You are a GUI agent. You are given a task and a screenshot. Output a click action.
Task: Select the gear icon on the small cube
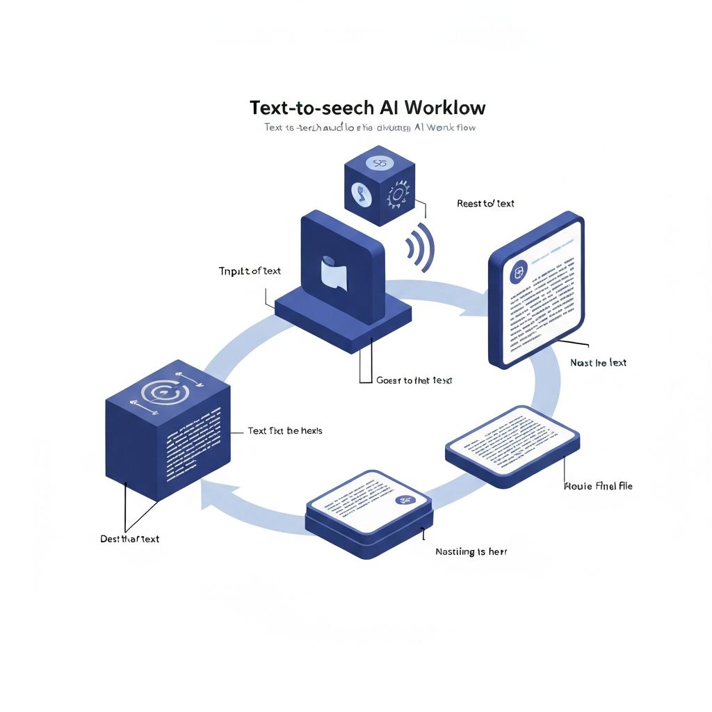[398, 195]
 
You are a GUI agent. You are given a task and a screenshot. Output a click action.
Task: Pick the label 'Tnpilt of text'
[250, 271]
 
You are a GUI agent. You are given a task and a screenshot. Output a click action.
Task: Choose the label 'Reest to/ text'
[485, 204]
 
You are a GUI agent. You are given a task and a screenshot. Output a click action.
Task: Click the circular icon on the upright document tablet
[518, 273]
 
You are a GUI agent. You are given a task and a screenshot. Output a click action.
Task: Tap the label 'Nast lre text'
[598, 362]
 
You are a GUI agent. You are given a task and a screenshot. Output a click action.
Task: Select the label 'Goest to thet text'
[413, 380]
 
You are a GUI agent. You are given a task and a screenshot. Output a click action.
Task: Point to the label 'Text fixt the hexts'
[285, 431]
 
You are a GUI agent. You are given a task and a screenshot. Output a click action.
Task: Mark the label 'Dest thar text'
[129, 539]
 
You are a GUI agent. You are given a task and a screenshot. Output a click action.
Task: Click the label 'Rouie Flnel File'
[597, 486]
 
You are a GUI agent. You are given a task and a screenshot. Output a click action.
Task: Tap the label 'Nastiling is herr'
[471, 551]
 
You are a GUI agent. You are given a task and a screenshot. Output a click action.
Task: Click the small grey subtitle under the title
[369, 128]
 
